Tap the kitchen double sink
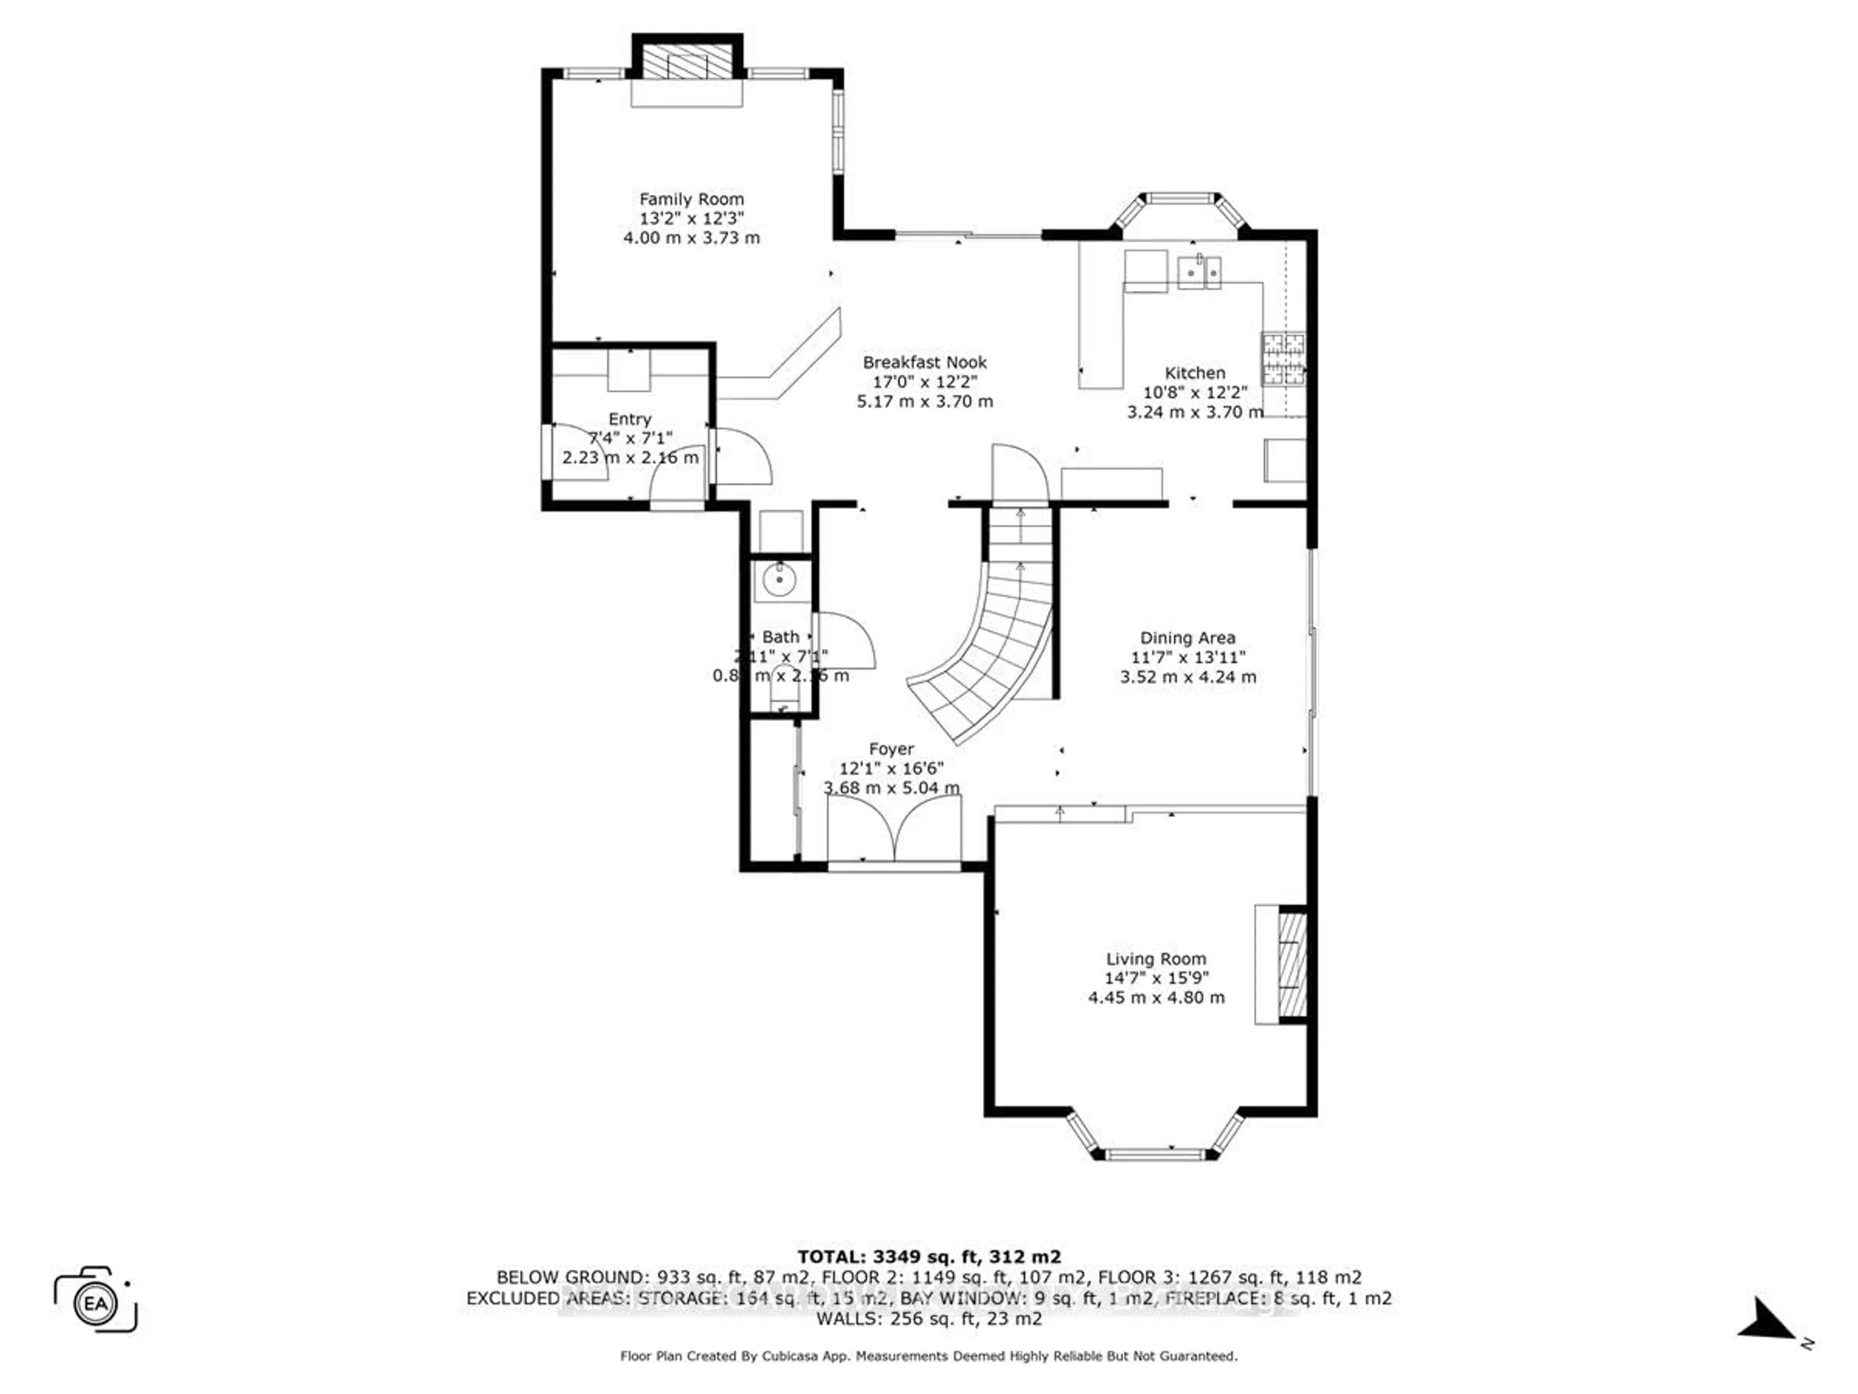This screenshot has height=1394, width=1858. [1199, 272]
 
